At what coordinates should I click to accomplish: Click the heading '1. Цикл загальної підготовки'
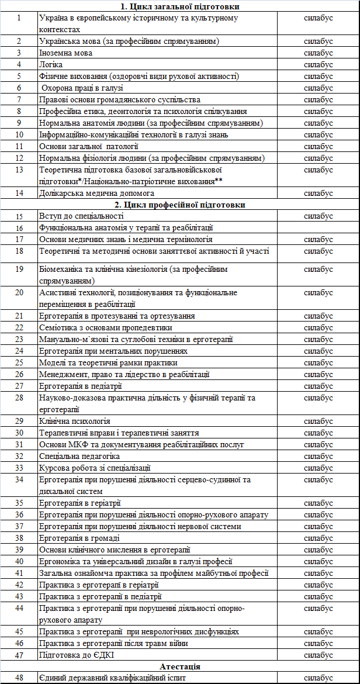tap(179, 6)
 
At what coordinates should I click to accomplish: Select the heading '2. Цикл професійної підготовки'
tap(179, 205)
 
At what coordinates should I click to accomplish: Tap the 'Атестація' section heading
tap(179, 666)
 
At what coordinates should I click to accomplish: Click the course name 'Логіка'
tap(51, 64)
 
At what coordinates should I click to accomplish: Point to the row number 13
tap(19, 170)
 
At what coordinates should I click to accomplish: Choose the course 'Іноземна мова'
tap(65, 53)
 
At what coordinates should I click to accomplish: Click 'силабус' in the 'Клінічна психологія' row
tap(319, 421)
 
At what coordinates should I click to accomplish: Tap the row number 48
tap(19, 678)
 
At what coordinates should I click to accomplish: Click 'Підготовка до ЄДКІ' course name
tap(75, 655)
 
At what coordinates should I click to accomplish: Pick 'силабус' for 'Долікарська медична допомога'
tap(319, 193)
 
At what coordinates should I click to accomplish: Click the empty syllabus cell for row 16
tap(319, 228)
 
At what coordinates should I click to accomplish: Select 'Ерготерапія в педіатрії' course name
tap(81, 386)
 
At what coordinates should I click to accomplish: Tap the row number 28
tap(19, 398)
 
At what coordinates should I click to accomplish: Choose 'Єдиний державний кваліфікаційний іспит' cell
tap(112, 678)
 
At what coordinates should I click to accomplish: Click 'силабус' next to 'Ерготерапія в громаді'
tap(319, 538)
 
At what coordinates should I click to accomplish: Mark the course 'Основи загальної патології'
tap(89, 146)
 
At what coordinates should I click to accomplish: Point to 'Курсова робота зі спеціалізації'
tap(95, 468)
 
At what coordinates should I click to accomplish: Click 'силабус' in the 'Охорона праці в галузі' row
tap(319, 88)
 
